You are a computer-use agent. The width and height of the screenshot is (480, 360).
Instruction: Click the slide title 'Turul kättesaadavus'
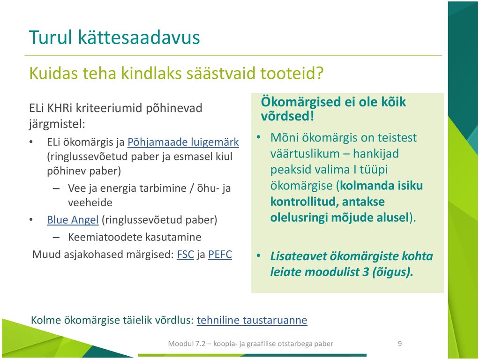tap(114, 37)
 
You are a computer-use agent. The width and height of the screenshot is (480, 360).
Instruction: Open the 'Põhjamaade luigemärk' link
tap(183, 142)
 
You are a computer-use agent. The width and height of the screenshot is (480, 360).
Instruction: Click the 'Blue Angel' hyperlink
tap(73, 220)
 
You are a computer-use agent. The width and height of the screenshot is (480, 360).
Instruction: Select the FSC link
tap(186, 255)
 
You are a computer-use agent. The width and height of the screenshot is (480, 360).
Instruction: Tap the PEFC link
tap(220, 255)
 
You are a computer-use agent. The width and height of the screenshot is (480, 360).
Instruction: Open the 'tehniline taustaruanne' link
tap(252, 320)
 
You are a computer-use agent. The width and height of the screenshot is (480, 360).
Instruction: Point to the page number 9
tap(400, 344)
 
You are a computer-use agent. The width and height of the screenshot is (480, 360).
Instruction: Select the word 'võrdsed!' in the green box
tap(287, 116)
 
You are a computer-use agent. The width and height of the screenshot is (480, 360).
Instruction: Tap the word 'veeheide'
tap(90, 202)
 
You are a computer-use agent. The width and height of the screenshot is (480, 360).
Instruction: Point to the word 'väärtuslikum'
tap(309, 154)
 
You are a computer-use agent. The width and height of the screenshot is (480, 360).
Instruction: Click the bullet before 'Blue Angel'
tap(31, 220)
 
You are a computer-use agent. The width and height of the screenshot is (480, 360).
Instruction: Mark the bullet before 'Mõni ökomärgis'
tap(259, 137)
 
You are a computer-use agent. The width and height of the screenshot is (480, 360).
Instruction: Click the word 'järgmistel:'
tap(57, 124)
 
